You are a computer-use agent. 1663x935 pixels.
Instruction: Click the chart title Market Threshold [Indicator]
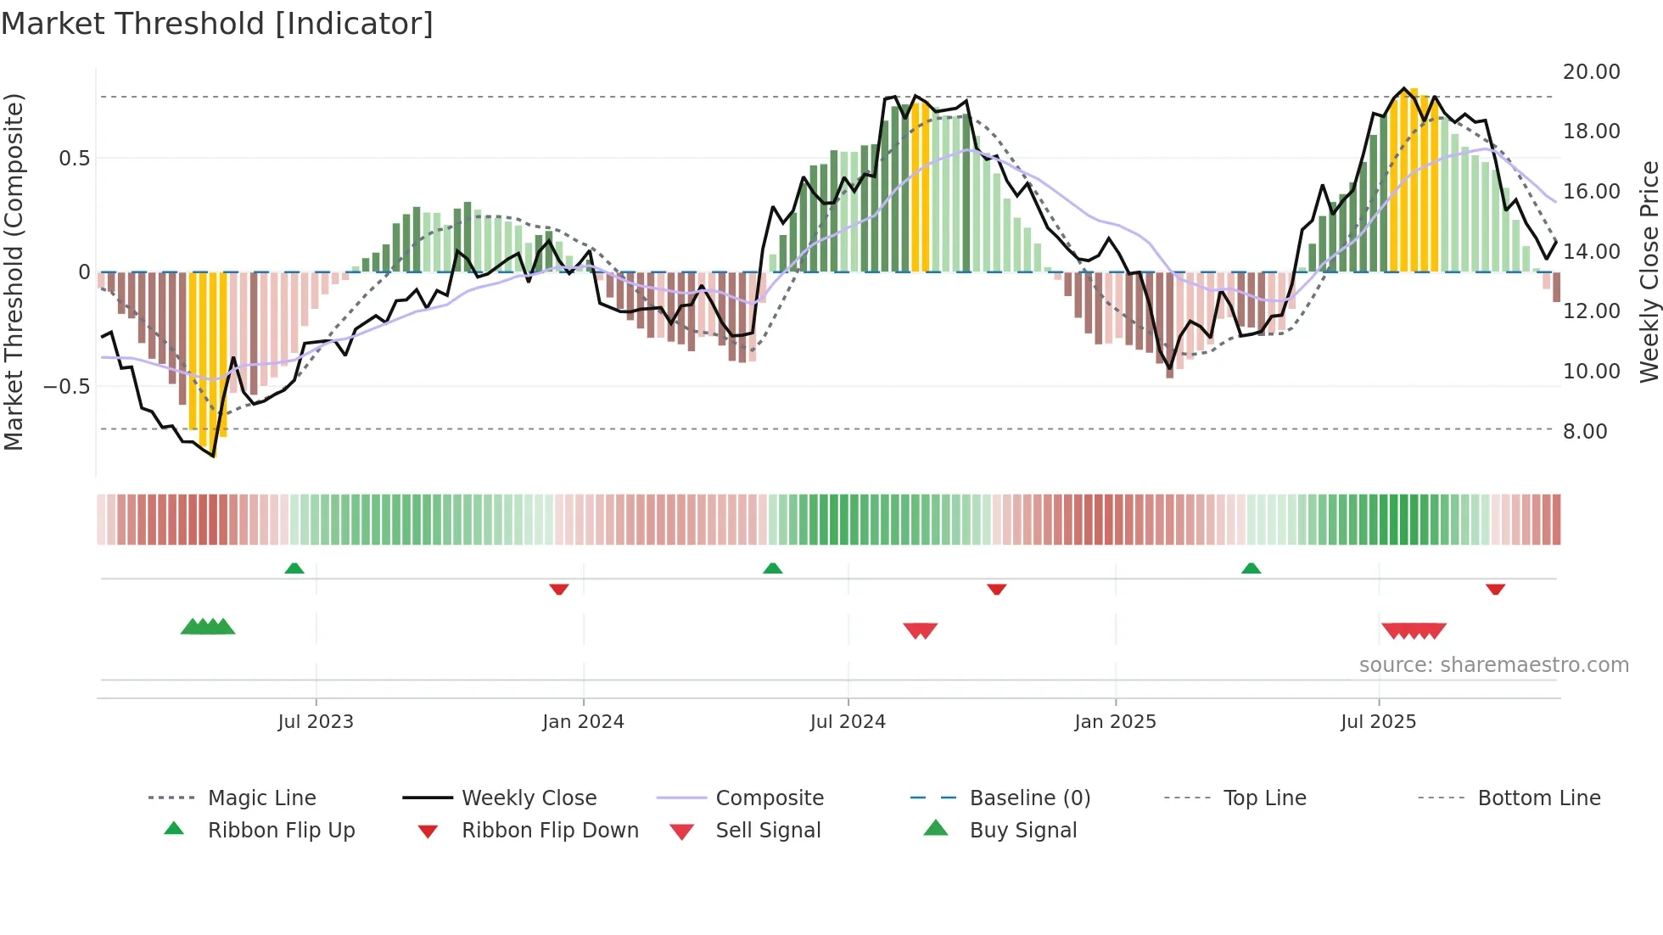(217, 24)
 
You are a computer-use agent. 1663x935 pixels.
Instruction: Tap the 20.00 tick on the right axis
(1591, 72)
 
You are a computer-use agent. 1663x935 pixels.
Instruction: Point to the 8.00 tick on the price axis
(1585, 432)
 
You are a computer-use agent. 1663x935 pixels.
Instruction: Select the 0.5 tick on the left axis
(74, 159)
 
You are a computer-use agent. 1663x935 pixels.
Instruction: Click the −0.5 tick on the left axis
(67, 387)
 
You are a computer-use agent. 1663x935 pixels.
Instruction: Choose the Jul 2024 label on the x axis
(847, 722)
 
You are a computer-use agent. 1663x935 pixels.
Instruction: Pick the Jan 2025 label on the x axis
(1114, 722)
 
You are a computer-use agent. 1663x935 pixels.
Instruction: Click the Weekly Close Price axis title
(1649, 272)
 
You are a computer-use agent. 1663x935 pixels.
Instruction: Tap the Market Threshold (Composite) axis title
(14, 272)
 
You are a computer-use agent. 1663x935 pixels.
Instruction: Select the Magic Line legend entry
(261, 798)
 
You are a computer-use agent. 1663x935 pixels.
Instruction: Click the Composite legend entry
(769, 798)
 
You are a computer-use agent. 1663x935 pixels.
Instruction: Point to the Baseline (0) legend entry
(1029, 798)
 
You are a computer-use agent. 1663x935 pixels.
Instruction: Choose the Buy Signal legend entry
(1022, 831)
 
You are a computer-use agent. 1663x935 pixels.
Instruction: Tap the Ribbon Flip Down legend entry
(549, 831)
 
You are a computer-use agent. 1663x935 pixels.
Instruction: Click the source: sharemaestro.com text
(1493, 665)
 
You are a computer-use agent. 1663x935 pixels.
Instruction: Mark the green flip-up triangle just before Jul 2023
(294, 568)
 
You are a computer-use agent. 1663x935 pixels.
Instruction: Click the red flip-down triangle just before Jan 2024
(558, 589)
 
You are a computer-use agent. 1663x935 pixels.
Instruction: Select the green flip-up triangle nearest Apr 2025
(1251, 568)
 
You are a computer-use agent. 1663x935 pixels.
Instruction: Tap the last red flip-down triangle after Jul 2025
(1495, 589)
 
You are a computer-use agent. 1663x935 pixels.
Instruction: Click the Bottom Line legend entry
(1538, 798)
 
